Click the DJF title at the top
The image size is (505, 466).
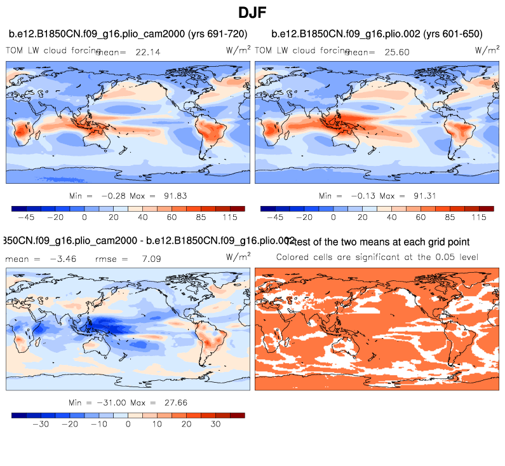pyautogui.click(x=252, y=12)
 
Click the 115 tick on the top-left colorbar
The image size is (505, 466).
pyautogui.click(x=230, y=217)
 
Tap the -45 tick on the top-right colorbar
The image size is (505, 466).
pyautogui.click(x=274, y=217)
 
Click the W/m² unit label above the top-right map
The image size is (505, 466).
pyautogui.click(x=487, y=49)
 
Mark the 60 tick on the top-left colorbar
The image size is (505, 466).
pyautogui.click(x=172, y=217)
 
